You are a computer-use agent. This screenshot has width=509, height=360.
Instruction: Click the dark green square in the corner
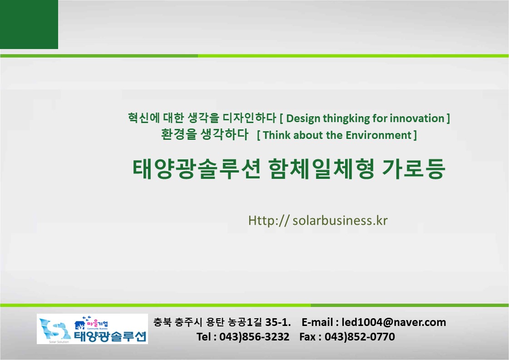click(29, 25)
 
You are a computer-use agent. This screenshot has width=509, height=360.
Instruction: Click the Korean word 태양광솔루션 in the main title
click(197, 169)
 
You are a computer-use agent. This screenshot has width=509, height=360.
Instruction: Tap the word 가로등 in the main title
click(413, 169)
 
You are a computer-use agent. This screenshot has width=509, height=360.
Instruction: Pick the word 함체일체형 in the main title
click(321, 169)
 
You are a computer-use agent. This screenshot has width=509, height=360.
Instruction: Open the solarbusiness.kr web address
click(318, 221)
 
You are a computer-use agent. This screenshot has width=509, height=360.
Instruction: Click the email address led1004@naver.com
click(394, 322)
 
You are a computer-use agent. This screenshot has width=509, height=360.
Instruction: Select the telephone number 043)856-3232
click(254, 337)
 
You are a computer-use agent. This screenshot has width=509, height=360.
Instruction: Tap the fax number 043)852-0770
click(360, 337)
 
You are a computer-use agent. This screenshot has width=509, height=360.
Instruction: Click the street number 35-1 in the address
click(277, 322)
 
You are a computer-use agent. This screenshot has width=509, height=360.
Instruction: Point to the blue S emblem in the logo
click(54, 329)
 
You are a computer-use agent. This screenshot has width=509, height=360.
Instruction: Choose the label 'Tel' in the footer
click(203, 337)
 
